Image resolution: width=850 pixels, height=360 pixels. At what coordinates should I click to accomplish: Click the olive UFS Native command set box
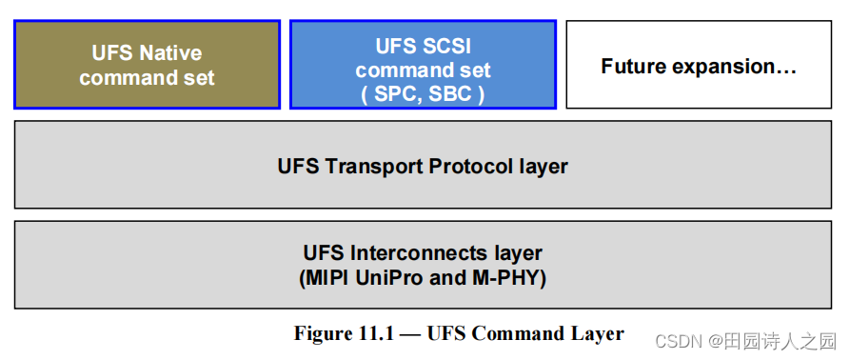[147, 65]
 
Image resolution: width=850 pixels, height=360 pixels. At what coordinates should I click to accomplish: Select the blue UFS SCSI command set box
[423, 65]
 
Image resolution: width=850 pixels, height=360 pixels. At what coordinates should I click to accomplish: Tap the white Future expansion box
[699, 65]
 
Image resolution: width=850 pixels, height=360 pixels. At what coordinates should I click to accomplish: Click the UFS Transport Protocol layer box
[423, 166]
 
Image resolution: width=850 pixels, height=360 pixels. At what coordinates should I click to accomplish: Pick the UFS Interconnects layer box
[423, 266]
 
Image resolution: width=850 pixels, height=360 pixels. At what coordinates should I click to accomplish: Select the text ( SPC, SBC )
[423, 94]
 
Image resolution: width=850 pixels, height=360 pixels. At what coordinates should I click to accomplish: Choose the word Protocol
[466, 167]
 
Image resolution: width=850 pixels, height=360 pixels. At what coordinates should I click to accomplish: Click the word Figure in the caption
[323, 333]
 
